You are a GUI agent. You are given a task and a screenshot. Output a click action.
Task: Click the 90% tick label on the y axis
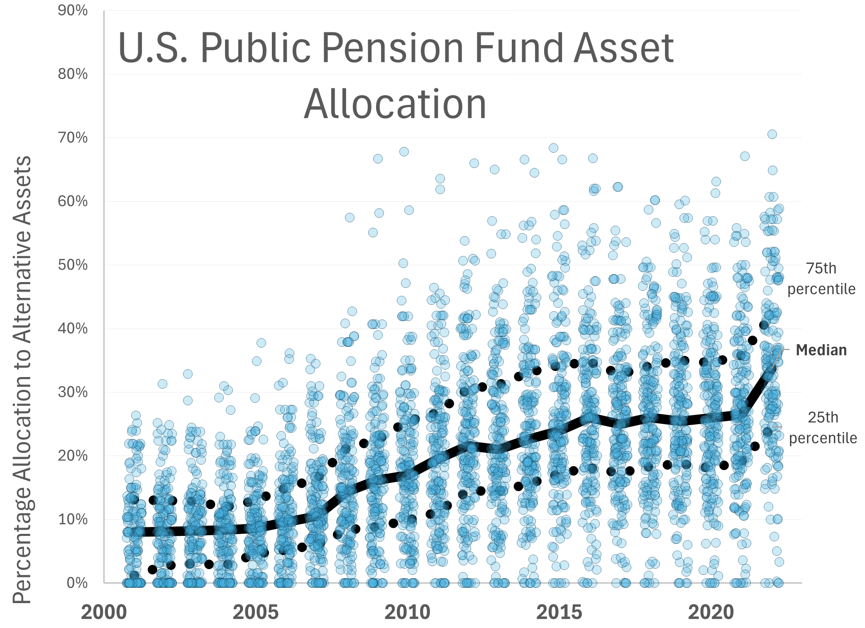coord(73,10)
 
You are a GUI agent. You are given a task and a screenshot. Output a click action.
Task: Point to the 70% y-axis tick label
coord(73,137)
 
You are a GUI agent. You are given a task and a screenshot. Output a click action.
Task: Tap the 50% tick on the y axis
coord(73,265)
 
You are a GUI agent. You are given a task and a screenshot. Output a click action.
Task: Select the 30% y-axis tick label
coord(73,392)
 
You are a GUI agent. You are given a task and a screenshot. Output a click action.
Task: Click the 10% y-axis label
coord(73,519)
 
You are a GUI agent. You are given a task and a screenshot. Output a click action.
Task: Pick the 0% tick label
coord(77,583)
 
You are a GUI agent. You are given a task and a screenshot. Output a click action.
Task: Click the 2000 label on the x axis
coord(104,612)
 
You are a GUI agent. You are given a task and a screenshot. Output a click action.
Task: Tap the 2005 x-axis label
coord(256,612)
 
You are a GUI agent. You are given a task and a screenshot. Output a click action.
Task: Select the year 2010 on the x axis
coord(408,612)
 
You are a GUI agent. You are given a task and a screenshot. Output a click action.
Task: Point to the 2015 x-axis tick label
coord(559,612)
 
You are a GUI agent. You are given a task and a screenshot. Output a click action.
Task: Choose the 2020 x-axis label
coord(711,612)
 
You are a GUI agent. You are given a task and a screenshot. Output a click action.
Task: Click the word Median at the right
coord(821,350)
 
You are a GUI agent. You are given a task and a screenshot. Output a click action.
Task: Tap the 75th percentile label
coord(821,279)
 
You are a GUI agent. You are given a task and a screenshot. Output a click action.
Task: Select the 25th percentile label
coord(823,428)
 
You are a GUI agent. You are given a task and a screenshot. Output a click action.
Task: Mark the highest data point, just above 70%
coord(772,134)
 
